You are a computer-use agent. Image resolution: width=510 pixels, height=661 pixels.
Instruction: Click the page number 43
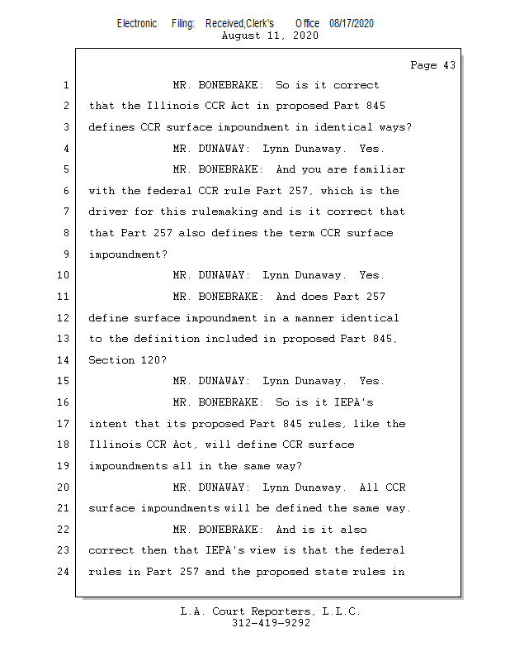tap(450, 65)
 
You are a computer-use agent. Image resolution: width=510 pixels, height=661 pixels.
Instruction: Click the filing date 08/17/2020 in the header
tap(352, 23)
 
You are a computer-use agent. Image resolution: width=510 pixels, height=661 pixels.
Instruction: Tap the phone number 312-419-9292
tap(271, 623)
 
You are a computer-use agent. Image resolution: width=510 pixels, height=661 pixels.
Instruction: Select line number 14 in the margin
tap(64, 360)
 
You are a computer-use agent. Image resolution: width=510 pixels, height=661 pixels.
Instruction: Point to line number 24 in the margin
tap(64, 572)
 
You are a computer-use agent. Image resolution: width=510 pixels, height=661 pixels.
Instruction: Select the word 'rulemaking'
tap(224, 212)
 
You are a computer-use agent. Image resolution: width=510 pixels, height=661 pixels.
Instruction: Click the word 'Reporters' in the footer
tap(281, 611)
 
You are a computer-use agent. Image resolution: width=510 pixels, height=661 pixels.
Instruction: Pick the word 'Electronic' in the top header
tap(137, 23)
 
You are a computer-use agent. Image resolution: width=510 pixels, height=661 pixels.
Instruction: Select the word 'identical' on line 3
tap(343, 127)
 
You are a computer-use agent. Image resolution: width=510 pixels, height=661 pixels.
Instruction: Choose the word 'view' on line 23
tap(262, 550)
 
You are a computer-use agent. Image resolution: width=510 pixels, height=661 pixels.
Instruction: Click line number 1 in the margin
tap(66, 85)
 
